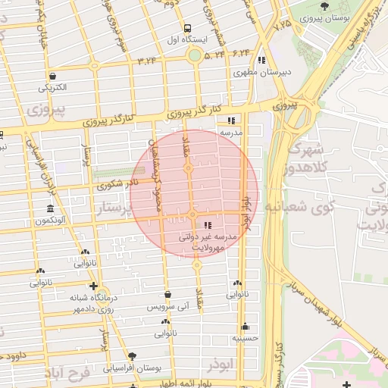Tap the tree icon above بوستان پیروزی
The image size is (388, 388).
(x=325, y=6)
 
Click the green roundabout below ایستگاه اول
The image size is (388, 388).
(x=195, y=55)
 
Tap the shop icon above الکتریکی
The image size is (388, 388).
(x=52, y=76)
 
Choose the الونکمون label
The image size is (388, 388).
(x=50, y=221)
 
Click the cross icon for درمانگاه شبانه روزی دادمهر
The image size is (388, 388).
(x=93, y=286)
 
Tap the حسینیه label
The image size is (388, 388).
(x=245, y=338)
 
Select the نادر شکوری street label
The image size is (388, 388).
(x=118, y=183)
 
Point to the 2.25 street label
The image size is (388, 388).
(x=283, y=26)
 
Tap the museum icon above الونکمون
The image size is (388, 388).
(x=50, y=208)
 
